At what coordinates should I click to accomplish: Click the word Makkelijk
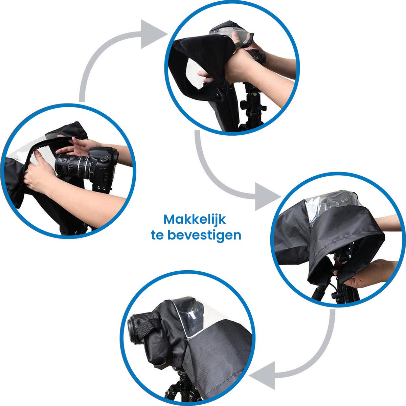point(195,220)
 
